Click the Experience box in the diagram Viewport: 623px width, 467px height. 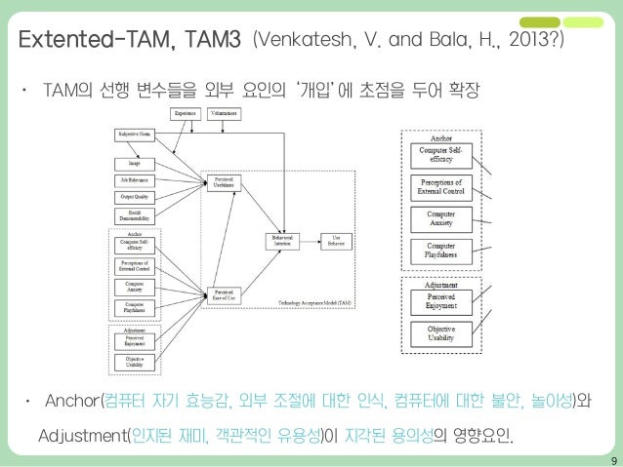point(186,114)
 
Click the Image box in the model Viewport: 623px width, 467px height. point(135,162)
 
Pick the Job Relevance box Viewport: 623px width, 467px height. point(135,179)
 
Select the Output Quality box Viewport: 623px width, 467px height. point(135,197)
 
